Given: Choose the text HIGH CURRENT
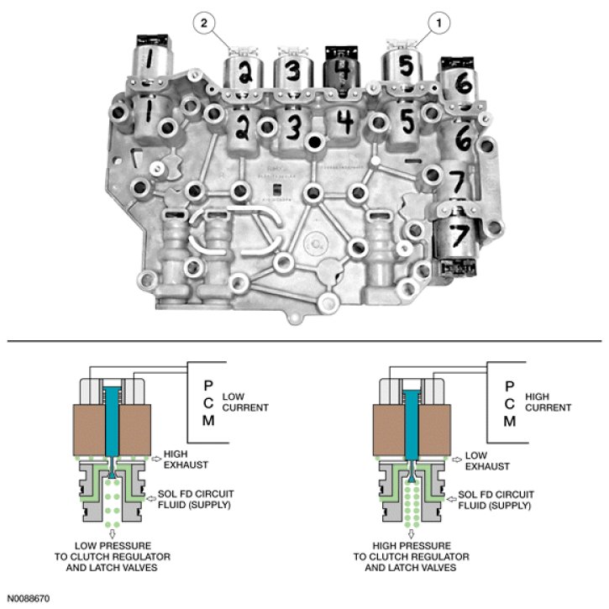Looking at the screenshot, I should [x=549, y=402].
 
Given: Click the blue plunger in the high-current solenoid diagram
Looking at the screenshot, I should [x=412, y=424].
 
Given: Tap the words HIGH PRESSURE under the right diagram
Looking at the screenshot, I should [x=412, y=544].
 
